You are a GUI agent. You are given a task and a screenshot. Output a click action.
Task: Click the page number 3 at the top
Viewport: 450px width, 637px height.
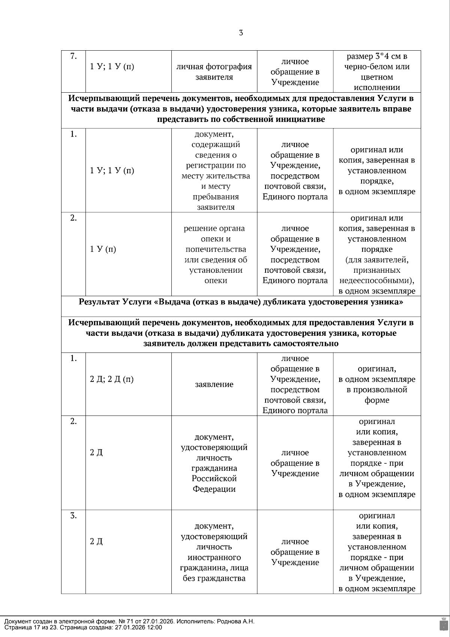pos(241,33)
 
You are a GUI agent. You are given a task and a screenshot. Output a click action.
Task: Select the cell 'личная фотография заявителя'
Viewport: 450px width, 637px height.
pos(214,72)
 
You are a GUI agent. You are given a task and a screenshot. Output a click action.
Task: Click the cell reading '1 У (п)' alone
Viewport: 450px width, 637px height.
pos(103,249)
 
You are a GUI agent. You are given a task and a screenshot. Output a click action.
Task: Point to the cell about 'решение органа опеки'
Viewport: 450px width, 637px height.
pos(214,254)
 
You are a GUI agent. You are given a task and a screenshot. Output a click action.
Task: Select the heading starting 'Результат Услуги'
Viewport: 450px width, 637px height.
pos(241,302)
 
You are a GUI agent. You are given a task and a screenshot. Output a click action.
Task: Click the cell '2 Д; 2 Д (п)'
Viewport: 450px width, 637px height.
pos(112,379)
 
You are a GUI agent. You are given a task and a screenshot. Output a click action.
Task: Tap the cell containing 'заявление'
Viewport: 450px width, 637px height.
pos(214,384)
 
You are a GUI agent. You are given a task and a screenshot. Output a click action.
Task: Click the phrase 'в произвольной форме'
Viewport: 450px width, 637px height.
pos(376,395)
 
